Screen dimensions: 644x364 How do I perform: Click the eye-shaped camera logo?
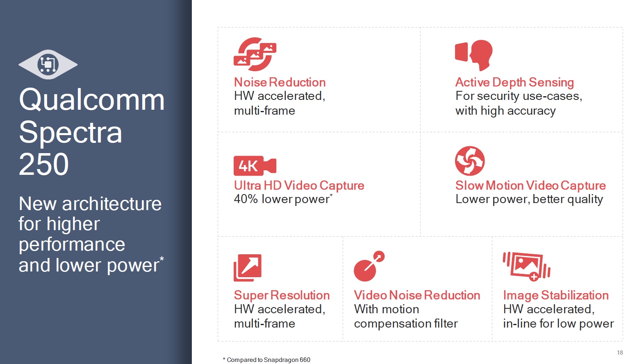tap(48, 64)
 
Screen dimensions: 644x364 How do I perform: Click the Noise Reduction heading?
tap(280, 82)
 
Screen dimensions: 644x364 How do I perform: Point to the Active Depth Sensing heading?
tap(514, 83)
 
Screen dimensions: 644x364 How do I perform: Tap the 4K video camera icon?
tap(255, 166)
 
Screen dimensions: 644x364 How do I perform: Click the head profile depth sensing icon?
tap(474, 55)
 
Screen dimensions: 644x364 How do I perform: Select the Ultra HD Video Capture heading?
tap(299, 185)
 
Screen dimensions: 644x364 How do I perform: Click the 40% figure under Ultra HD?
tap(246, 199)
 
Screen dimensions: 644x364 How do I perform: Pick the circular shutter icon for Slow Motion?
tap(470, 161)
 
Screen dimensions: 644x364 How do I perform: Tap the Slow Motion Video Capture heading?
tap(530, 185)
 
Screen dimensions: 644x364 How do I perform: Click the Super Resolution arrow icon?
tap(248, 268)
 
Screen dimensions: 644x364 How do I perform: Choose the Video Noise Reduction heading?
tap(417, 295)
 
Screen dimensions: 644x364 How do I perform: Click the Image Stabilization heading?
tap(556, 295)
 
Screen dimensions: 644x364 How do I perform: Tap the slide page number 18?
tap(620, 353)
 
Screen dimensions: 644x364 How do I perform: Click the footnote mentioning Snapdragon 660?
tap(266, 359)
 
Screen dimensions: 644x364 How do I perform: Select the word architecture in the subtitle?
tap(112, 204)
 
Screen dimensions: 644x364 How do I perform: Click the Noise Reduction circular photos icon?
tap(255, 54)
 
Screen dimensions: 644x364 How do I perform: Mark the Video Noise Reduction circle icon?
tap(369, 267)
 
